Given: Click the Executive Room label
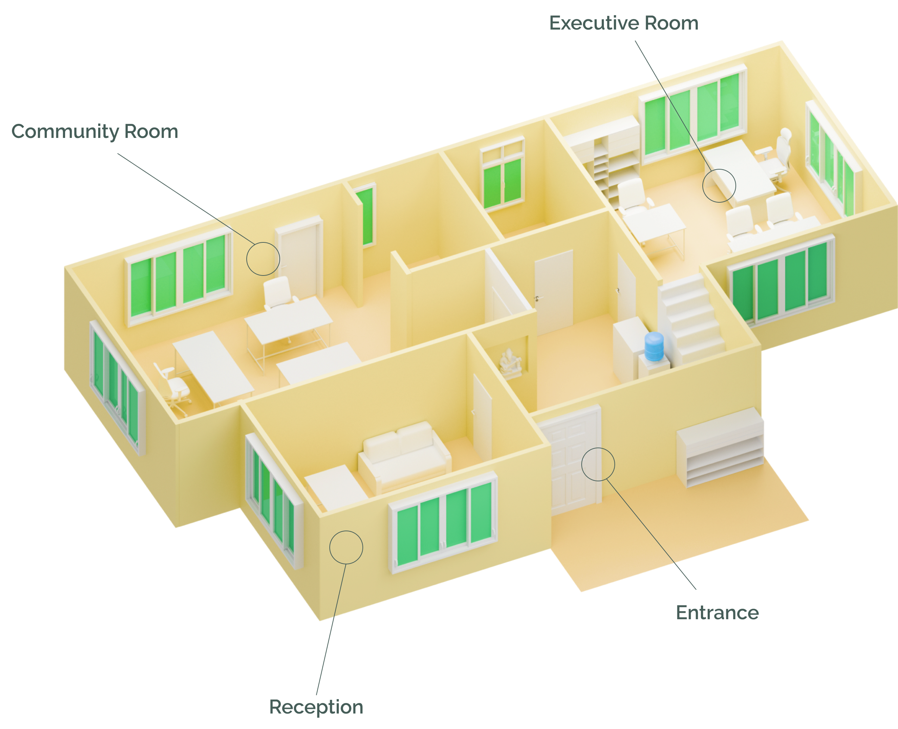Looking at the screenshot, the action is [x=624, y=23].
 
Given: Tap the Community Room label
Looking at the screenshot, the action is [x=95, y=132].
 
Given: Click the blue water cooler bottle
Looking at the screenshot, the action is [x=654, y=347].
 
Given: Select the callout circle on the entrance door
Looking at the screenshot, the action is [x=598, y=464].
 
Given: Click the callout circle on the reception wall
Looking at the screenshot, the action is [x=346, y=547].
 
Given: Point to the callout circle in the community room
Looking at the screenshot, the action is [x=263, y=259].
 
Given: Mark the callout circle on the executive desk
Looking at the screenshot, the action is [x=719, y=186].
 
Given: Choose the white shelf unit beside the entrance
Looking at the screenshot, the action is [x=720, y=447].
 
